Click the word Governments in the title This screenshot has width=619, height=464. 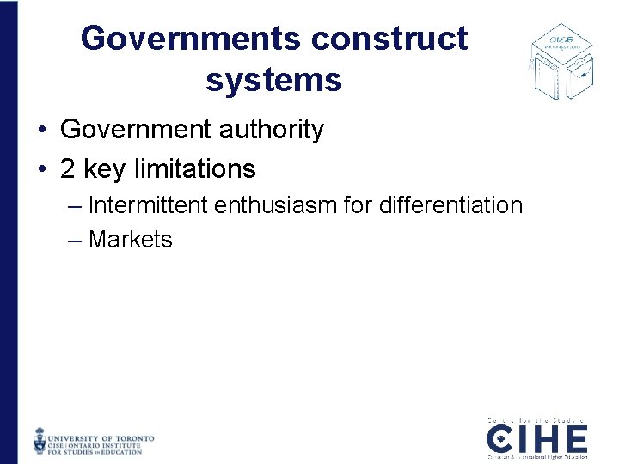192,39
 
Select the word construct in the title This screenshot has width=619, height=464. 390,39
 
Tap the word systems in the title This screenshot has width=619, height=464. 273,80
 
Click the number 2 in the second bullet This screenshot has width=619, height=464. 68,168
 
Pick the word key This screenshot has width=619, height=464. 104,169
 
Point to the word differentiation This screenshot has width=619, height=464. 447,205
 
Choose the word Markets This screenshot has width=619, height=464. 130,240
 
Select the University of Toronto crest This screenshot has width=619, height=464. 40,440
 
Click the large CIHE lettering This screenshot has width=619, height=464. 537,440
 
